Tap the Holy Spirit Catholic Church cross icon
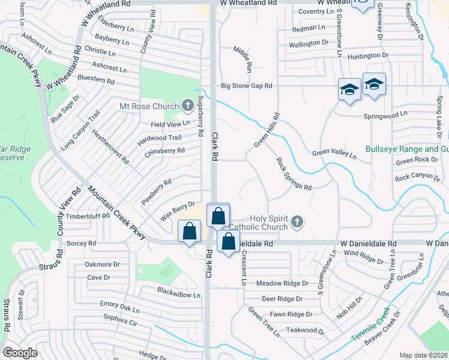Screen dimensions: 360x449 coord(297,223)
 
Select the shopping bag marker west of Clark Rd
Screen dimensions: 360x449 coord(190,231)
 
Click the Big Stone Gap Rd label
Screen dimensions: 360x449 coord(247,86)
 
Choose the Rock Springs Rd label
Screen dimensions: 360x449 coord(294,174)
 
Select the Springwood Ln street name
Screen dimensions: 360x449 coord(385,113)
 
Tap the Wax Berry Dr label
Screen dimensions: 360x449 coord(178,211)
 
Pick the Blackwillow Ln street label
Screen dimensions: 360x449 coord(178,295)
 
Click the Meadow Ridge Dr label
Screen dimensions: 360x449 coord(282,283)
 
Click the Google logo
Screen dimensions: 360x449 coord(20,353)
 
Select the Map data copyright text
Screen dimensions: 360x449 coord(423,355)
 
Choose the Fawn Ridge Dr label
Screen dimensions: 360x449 coord(291,314)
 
